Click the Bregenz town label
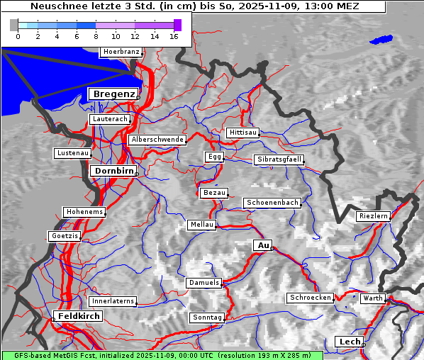[x=113, y=94]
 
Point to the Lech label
[x=350, y=342]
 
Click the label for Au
[x=262, y=245]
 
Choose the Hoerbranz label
[x=121, y=52]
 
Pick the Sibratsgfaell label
[x=279, y=159]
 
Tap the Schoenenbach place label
[x=272, y=203]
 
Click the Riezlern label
[x=373, y=215]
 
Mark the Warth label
[x=372, y=298]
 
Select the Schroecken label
[x=311, y=298]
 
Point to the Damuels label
[x=204, y=283]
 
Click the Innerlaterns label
[x=113, y=301]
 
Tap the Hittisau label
[x=243, y=133]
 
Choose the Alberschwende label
[x=157, y=140]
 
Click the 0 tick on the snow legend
[x=18, y=35]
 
